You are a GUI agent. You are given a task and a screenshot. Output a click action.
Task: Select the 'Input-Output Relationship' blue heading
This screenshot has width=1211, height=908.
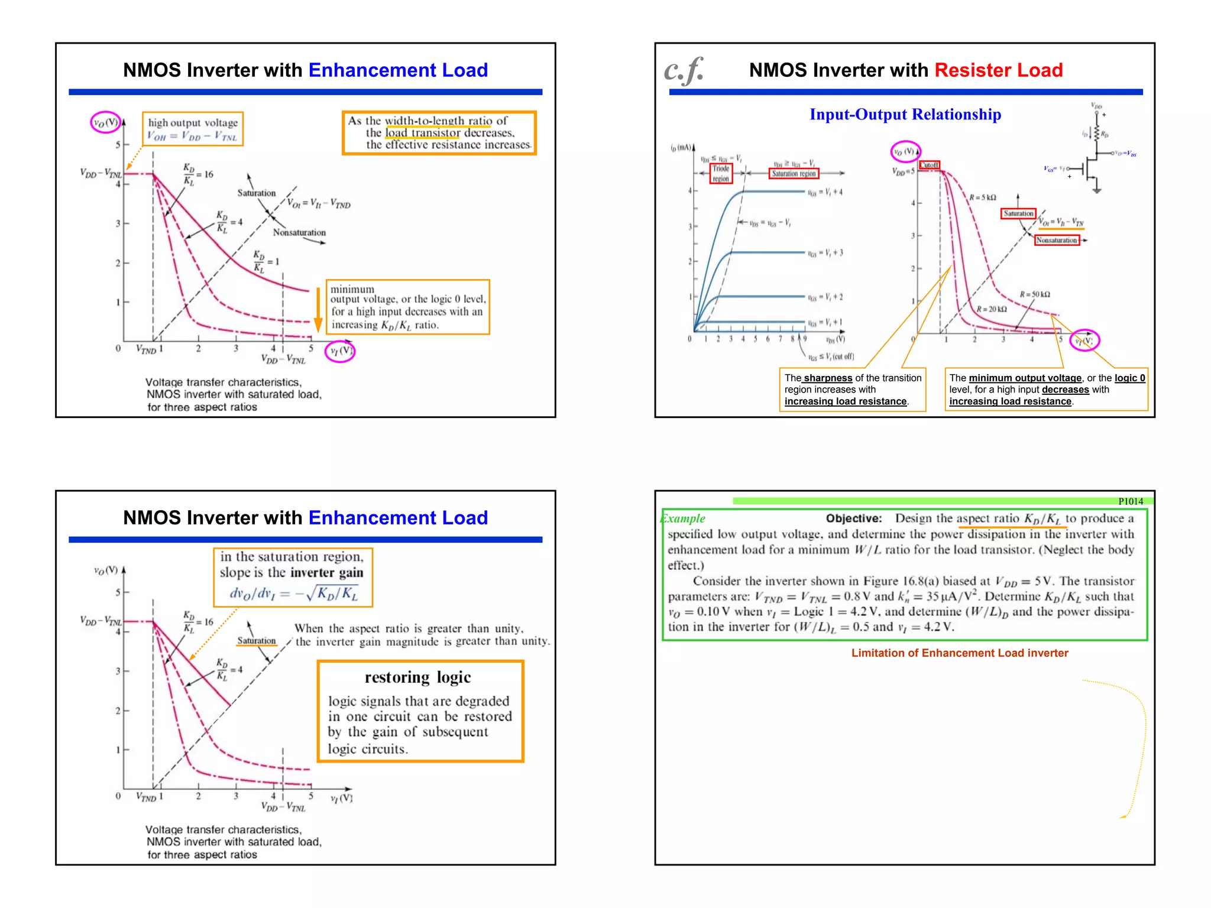[x=905, y=114]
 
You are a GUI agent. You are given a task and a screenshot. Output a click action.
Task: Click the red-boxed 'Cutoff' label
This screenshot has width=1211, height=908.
[x=929, y=165]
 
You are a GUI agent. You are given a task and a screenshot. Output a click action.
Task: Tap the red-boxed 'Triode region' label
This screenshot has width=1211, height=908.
[x=720, y=173]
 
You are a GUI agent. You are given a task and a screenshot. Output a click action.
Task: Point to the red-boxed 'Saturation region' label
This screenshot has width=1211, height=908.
[x=794, y=173]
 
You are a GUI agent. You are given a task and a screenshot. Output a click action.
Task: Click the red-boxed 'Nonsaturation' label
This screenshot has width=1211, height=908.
[x=1056, y=240]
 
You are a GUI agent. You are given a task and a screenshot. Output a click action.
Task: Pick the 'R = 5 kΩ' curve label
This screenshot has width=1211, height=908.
[x=982, y=197]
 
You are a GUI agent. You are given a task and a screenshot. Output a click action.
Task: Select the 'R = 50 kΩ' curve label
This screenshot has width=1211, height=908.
[x=1034, y=294]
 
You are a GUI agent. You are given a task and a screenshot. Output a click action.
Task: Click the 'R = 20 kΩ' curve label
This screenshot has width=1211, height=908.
[x=991, y=309]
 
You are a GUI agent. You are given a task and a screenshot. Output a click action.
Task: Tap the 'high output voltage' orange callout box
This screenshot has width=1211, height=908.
[x=192, y=129]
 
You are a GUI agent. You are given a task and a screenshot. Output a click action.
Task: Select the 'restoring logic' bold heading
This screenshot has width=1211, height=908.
[x=417, y=677]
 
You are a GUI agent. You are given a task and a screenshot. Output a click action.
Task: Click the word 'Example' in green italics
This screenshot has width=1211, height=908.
[x=683, y=518]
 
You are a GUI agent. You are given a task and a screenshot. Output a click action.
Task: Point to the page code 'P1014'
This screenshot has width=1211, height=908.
[x=1130, y=501]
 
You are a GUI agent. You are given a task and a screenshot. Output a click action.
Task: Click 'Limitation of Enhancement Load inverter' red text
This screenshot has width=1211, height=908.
[x=959, y=653]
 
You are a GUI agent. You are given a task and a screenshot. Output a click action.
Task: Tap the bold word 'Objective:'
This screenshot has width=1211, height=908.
[x=853, y=518]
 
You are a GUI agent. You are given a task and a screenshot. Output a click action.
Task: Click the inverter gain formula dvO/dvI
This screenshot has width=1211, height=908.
[x=293, y=593]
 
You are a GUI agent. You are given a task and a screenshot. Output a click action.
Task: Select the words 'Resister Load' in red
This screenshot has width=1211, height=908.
[x=998, y=70]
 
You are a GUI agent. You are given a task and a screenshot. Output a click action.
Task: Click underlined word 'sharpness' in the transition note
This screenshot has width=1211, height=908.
[x=828, y=378]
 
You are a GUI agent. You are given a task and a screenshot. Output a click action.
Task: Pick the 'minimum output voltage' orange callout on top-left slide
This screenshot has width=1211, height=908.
[x=407, y=307]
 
